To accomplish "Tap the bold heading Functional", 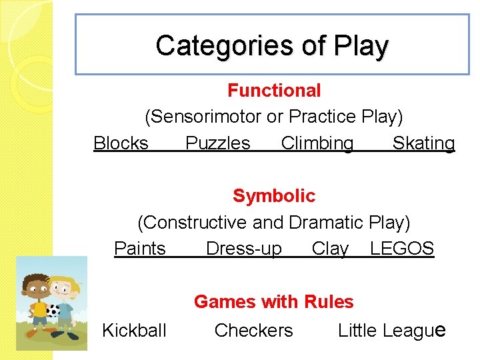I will pyautogui.click(x=274, y=90).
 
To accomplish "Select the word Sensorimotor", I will pyautogui.click(x=204, y=117).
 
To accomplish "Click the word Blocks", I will pyautogui.click(x=121, y=143).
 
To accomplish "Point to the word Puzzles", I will pyautogui.click(x=218, y=143).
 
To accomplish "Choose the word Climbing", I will pyautogui.click(x=317, y=143).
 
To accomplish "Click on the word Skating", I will pyautogui.click(x=423, y=143).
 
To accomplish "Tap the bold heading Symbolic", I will pyautogui.click(x=274, y=196).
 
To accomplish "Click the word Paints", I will pyautogui.click(x=140, y=249).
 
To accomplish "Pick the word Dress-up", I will pyautogui.click(x=244, y=249).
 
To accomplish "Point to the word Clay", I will pyautogui.click(x=330, y=249).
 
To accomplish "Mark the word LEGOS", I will pyautogui.click(x=402, y=249).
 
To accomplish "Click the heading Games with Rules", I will pyautogui.click(x=274, y=302).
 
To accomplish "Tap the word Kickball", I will pyautogui.click(x=134, y=330).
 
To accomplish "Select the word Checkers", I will pyautogui.click(x=253, y=330).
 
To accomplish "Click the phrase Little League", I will pyautogui.click(x=391, y=330).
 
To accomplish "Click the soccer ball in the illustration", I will pyautogui.click(x=53, y=311).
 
